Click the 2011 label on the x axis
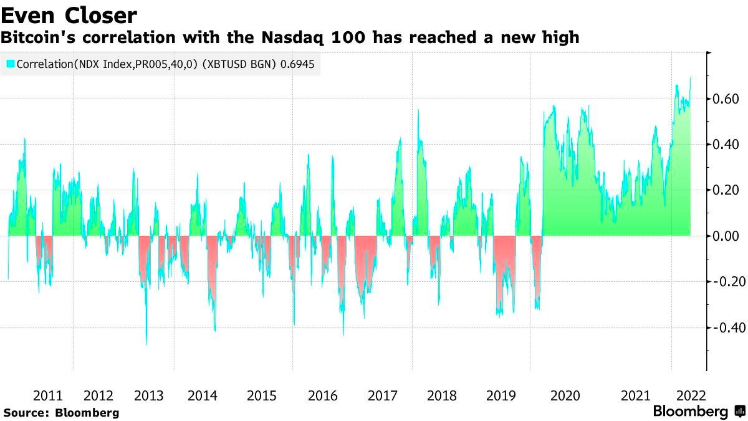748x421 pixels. coord(47,395)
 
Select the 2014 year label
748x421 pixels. coord(202,395)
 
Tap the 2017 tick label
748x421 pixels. coord(383,395)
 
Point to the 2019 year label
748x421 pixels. coord(501,395)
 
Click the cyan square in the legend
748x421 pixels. coord(10,64)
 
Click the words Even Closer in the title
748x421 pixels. coord(69,14)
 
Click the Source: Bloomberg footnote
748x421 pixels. coord(60,412)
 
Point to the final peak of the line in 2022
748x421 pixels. coord(690,78)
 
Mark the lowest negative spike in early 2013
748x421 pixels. coord(146,344)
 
